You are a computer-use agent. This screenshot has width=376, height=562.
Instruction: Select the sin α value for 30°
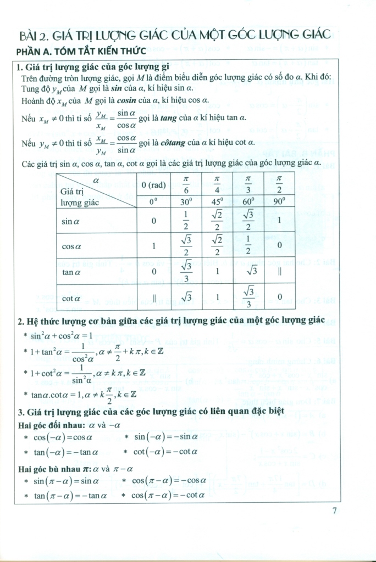pyautogui.click(x=186, y=221)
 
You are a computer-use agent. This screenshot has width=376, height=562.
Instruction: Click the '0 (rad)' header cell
pyautogui.click(x=153, y=186)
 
